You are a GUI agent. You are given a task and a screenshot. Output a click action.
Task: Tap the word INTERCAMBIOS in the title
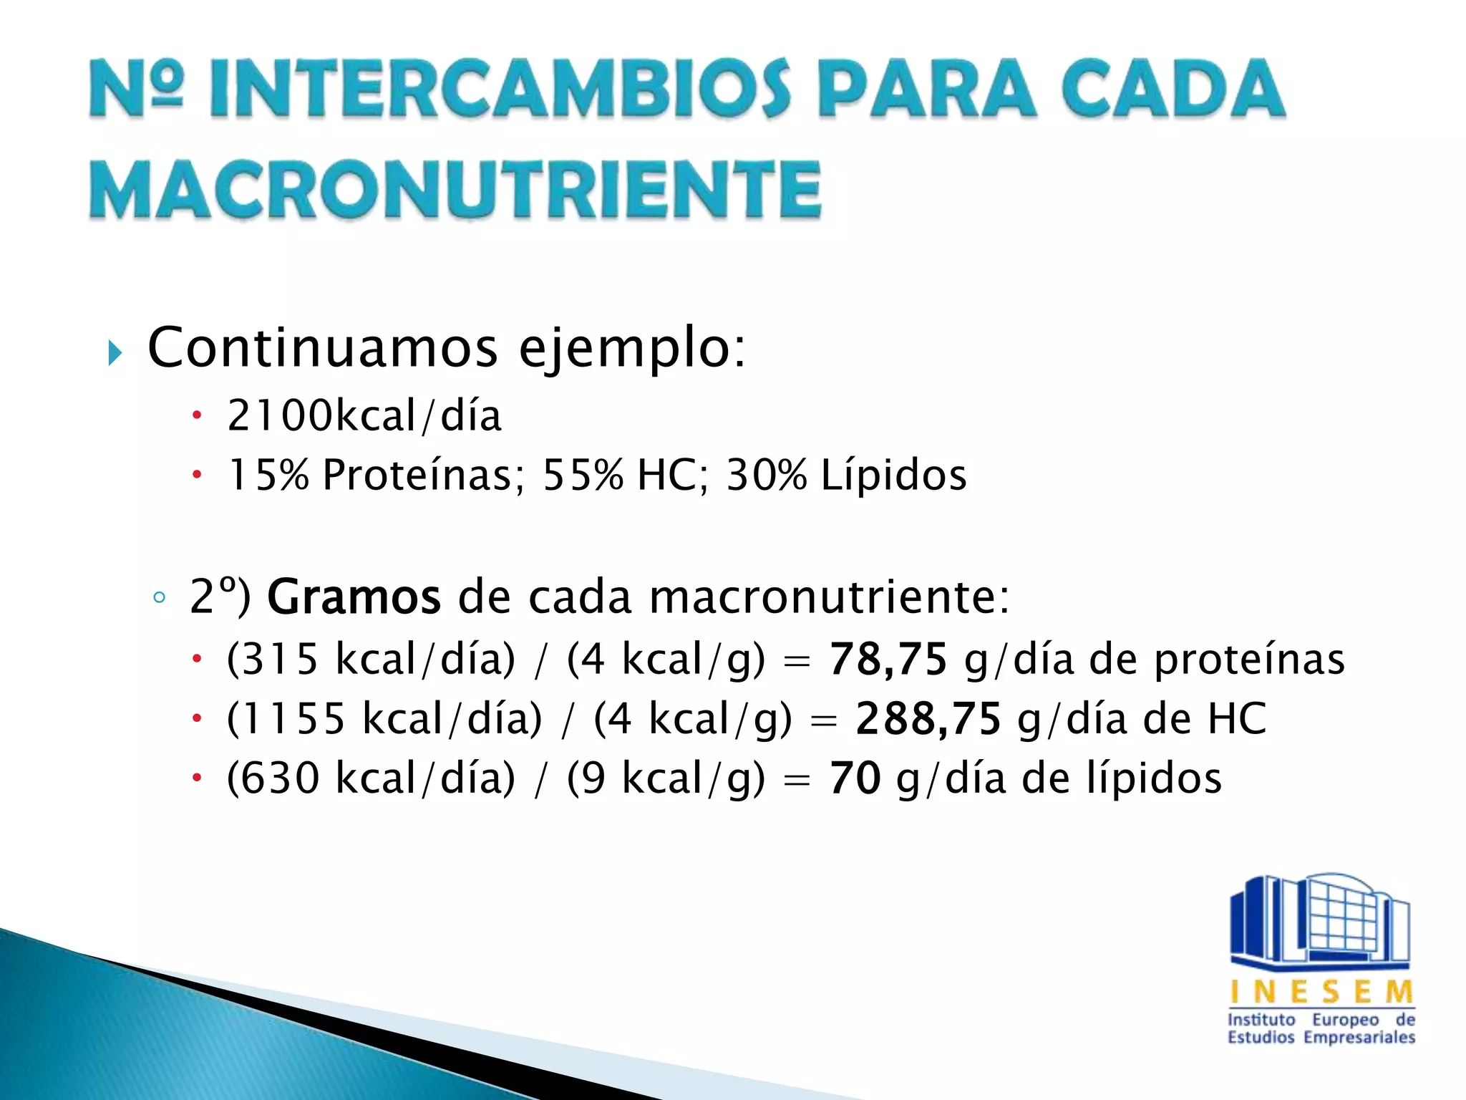(499, 90)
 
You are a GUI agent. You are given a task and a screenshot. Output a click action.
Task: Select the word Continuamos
(322, 348)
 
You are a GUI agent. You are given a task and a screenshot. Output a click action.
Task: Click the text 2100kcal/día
(364, 415)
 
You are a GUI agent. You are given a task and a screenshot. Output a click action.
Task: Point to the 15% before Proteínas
(268, 475)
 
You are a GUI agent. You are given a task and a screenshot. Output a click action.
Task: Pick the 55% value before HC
(583, 475)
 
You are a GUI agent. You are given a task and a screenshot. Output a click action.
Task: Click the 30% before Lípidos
(766, 475)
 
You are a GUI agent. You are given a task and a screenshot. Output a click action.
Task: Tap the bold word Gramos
(354, 597)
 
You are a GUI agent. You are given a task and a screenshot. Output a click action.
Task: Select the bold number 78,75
(888, 659)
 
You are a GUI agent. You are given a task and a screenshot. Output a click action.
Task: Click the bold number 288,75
(928, 718)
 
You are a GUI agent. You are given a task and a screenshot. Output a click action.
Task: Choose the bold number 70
(855, 778)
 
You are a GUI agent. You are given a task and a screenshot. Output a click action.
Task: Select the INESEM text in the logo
(1321, 993)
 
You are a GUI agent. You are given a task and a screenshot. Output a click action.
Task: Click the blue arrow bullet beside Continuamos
(115, 352)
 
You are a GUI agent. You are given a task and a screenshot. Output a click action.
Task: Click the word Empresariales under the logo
(1359, 1038)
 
